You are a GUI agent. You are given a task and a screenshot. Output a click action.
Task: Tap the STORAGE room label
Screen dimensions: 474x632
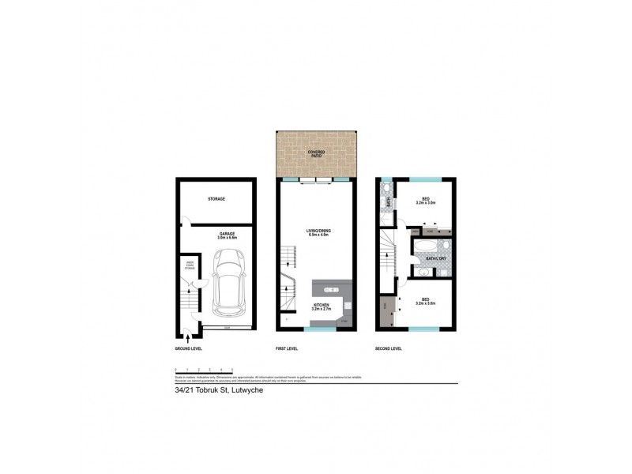216,199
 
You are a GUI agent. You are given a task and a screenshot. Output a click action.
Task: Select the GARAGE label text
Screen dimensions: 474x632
229,234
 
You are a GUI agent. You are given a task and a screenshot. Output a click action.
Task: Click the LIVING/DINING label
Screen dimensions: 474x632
318,231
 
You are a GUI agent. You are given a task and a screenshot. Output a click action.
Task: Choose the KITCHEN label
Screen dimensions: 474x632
320,303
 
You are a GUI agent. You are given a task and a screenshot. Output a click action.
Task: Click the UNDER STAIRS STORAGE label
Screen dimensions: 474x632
190,265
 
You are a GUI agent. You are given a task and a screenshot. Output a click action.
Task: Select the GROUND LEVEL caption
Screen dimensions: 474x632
190,348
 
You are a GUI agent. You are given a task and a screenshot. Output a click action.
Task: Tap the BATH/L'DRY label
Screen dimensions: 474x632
436,258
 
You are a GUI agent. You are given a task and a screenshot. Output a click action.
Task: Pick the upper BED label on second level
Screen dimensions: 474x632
426,200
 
